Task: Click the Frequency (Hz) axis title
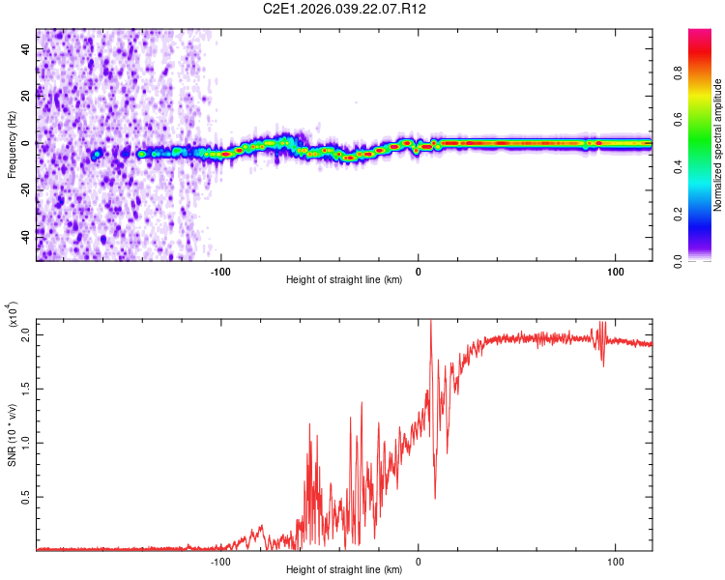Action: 12,144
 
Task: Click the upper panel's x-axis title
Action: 344,279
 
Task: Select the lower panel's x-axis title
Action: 344,569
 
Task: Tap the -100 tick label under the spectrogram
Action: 221,271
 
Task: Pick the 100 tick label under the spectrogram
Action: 616,271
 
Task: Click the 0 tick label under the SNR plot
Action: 419,560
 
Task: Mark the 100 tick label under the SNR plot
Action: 616,560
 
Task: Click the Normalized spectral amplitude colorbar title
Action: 718,144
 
